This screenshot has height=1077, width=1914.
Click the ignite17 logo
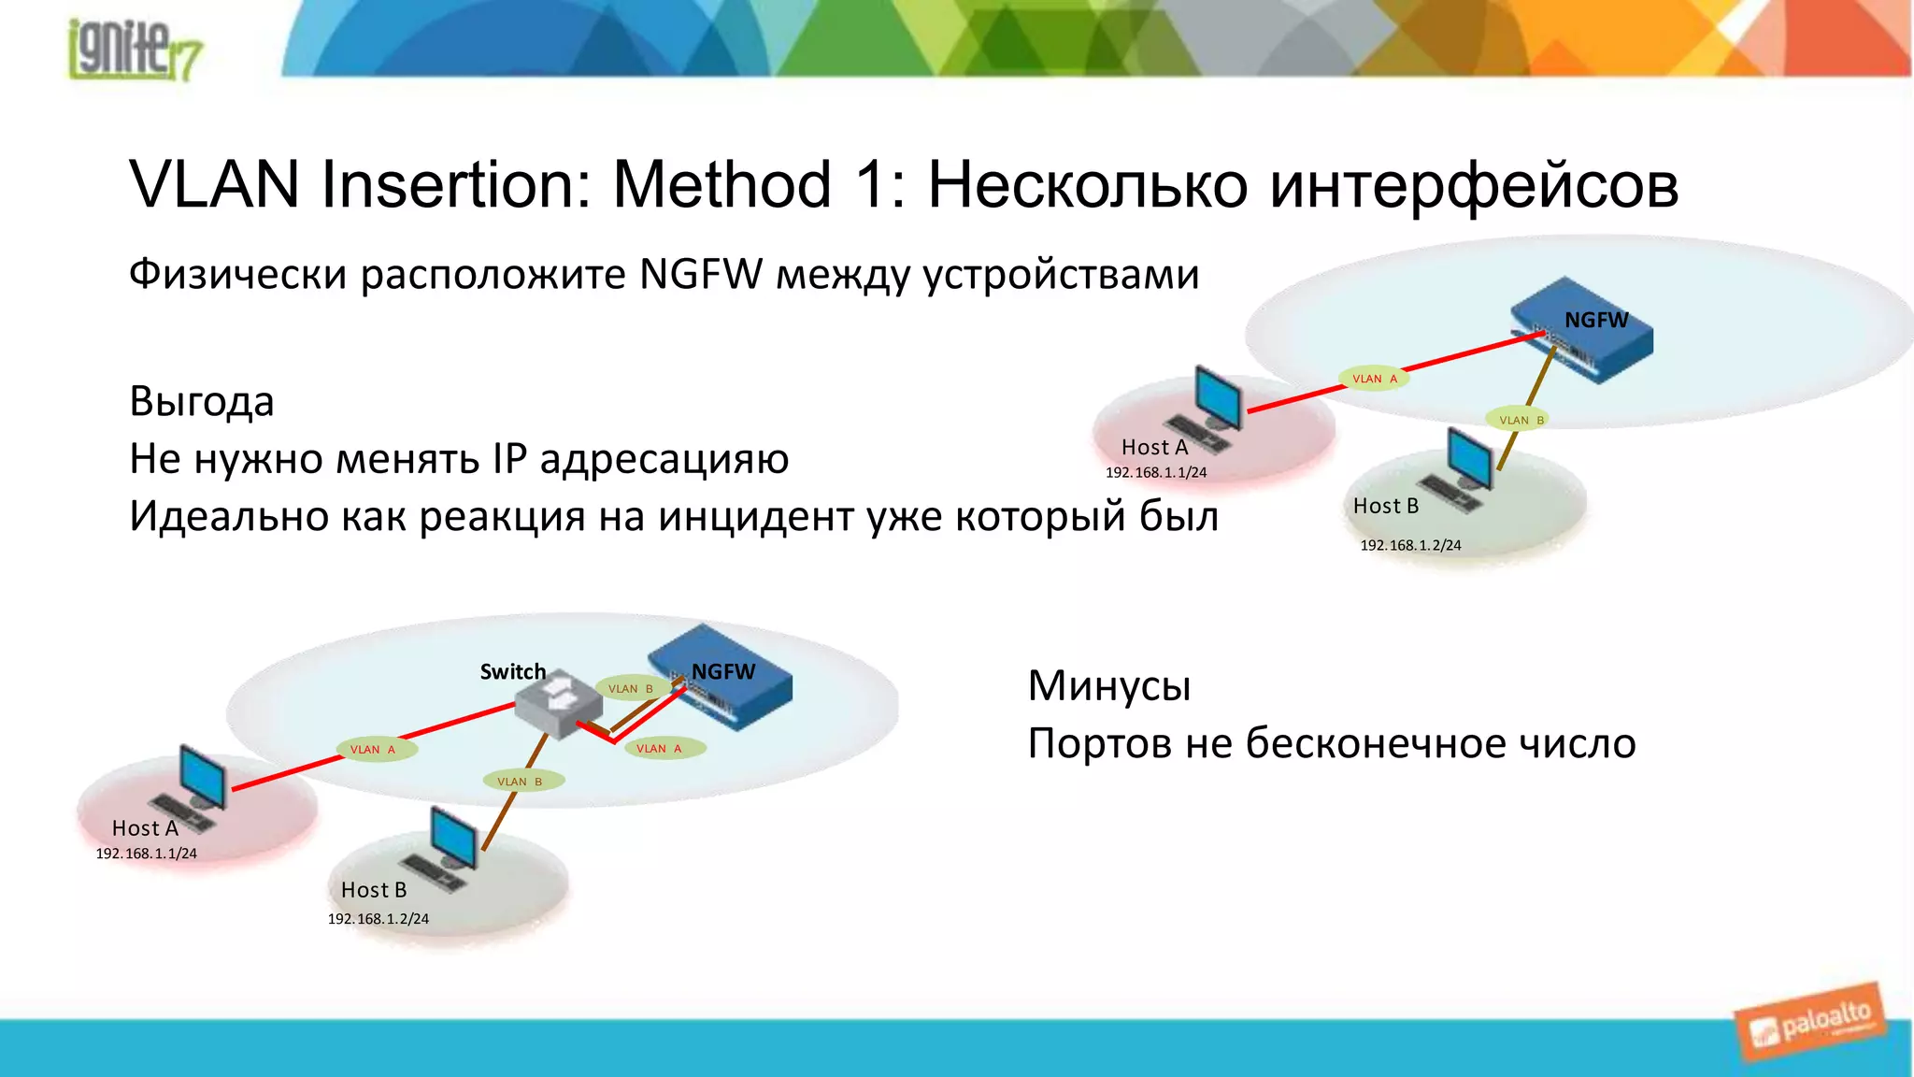pyautogui.click(x=134, y=49)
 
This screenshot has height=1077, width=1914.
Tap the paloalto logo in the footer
pyautogui.click(x=1811, y=1023)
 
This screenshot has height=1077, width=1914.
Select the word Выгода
pyautogui.click(x=201, y=402)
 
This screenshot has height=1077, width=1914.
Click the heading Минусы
pyautogui.click(x=1108, y=686)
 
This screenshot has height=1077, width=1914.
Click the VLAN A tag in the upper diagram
pyautogui.click(x=1374, y=379)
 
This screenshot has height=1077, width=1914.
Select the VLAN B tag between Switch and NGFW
pyautogui.click(x=630, y=689)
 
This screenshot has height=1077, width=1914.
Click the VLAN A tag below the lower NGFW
pyautogui.click(x=659, y=749)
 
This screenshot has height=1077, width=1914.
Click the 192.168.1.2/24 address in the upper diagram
pyautogui.click(x=1409, y=545)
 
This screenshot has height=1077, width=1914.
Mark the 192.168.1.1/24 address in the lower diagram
pyautogui.click(x=147, y=854)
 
